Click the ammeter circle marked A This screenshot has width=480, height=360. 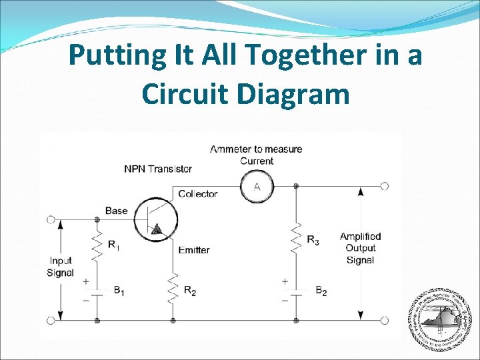click(257, 187)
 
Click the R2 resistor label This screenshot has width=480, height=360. click(190, 291)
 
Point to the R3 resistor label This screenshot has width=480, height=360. click(313, 240)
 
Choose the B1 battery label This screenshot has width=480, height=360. click(119, 290)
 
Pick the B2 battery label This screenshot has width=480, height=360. click(321, 291)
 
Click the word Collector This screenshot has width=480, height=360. click(198, 194)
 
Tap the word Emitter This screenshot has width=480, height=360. click(194, 250)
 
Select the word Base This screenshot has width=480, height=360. click(116, 211)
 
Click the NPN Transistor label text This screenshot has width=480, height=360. click(158, 169)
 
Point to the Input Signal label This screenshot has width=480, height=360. click(61, 267)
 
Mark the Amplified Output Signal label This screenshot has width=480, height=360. click(360, 248)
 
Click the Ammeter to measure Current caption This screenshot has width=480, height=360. click(257, 155)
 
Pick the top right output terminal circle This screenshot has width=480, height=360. click(384, 186)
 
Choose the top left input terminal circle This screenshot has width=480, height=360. click(51, 219)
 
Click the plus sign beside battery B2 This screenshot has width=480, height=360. click(285, 281)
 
